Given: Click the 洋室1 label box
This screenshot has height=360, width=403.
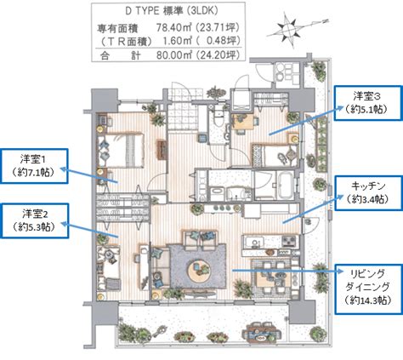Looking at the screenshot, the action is coord(34,166).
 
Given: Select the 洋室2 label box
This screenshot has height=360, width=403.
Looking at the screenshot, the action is coord(35,220).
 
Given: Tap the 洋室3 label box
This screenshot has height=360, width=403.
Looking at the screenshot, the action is coord(368,103).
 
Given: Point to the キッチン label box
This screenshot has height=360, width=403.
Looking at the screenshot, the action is coord(368,193).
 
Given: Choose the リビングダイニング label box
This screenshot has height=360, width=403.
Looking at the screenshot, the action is coord(368,289).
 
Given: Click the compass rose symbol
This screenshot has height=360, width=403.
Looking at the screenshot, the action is coord(288,29).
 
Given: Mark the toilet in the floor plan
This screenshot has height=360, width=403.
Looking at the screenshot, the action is coord(219,116).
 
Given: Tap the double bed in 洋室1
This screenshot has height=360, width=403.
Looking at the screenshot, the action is coord(122,151).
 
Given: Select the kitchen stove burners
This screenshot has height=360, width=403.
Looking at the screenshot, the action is coord(289,242).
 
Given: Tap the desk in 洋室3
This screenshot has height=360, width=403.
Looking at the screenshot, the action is coord(242,122).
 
